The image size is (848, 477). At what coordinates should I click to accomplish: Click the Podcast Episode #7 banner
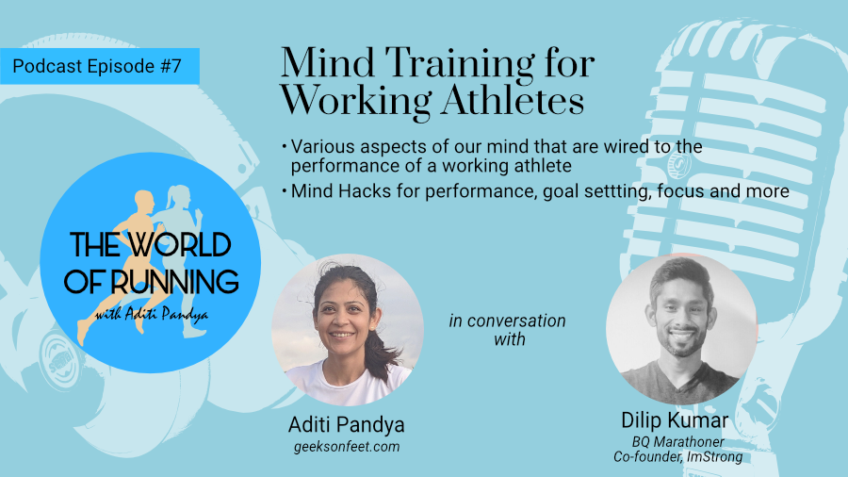(x=100, y=66)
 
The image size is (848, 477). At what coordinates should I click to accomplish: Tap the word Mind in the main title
(x=327, y=63)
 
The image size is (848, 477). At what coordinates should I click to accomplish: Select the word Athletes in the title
(x=513, y=100)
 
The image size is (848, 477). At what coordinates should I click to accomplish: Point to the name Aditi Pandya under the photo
(x=346, y=425)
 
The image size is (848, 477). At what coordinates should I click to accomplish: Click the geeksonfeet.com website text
(x=347, y=447)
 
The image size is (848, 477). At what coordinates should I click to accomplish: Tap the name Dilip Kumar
(x=675, y=420)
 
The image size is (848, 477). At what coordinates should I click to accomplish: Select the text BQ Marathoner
(x=677, y=442)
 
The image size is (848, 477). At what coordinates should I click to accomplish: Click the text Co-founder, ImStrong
(x=677, y=457)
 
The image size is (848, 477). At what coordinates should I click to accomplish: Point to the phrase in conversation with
(x=507, y=330)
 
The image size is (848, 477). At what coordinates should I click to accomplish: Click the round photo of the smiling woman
(x=347, y=330)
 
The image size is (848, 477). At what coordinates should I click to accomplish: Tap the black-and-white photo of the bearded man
(x=681, y=329)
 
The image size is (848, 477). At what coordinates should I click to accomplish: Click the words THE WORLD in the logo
(x=151, y=245)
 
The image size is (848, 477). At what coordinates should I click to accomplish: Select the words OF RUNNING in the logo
(x=151, y=281)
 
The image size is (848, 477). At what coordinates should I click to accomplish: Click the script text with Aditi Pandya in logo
(x=151, y=314)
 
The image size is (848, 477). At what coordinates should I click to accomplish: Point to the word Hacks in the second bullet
(x=364, y=191)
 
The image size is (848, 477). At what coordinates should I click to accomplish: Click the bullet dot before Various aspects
(x=284, y=146)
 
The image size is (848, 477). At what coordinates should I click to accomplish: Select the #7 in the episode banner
(x=171, y=66)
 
